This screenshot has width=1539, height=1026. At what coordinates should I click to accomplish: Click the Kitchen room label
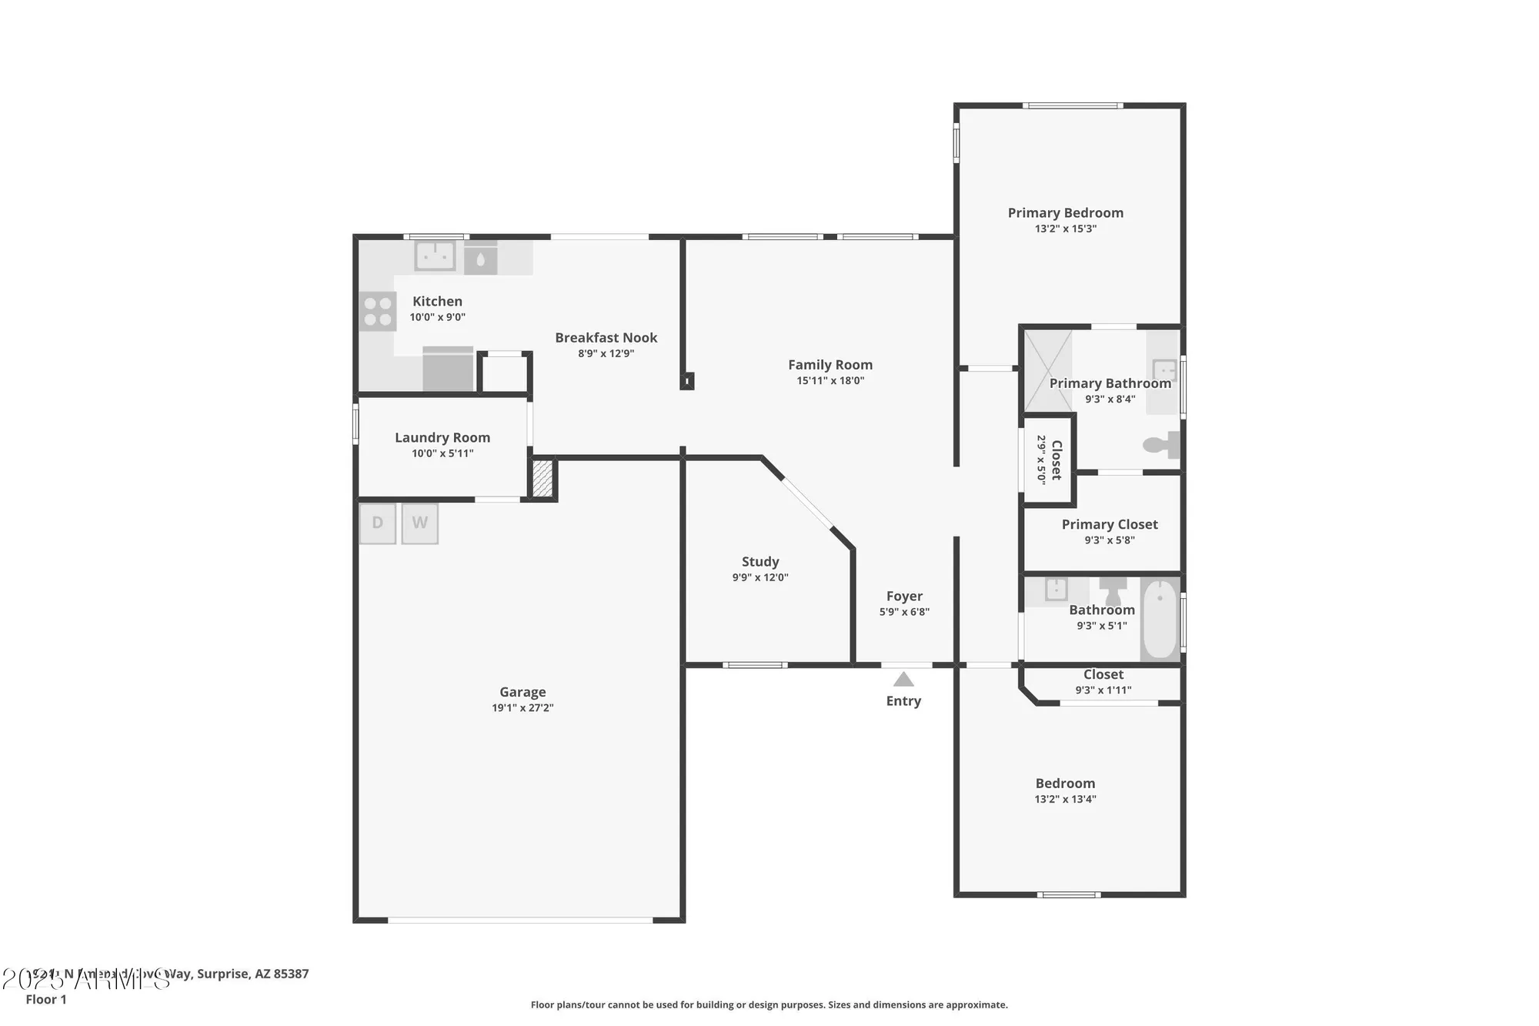(x=437, y=302)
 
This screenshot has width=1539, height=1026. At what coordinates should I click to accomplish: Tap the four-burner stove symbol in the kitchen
(x=377, y=312)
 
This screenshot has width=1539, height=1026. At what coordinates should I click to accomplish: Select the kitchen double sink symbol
(x=435, y=256)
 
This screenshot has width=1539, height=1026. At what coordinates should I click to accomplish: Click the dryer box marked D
(x=377, y=523)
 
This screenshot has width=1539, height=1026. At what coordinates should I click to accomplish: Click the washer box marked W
(x=419, y=523)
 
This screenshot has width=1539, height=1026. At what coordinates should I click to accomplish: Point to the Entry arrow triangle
(x=903, y=680)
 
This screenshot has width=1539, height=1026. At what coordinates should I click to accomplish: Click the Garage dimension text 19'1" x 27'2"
(x=522, y=708)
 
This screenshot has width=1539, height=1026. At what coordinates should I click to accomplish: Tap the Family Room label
(x=830, y=365)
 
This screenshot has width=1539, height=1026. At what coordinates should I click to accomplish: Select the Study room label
(x=760, y=562)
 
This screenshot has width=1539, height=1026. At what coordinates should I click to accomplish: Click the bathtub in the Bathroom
(x=1160, y=620)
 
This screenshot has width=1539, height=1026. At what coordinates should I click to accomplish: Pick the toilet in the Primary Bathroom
(x=1162, y=445)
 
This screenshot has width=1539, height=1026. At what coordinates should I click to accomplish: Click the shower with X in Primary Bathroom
(x=1047, y=370)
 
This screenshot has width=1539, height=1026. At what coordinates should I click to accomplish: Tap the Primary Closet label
(x=1110, y=524)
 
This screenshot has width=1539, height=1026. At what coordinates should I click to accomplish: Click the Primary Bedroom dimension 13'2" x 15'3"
(x=1065, y=229)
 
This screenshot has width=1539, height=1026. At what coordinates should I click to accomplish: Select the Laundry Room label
(x=442, y=437)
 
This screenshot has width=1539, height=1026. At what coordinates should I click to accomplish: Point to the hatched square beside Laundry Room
(x=542, y=479)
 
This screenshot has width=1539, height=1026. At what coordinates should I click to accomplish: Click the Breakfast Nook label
(x=606, y=338)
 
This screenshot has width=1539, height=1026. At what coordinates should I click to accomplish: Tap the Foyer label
(x=904, y=597)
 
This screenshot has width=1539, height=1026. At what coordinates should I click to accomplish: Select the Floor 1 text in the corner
(x=46, y=999)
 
